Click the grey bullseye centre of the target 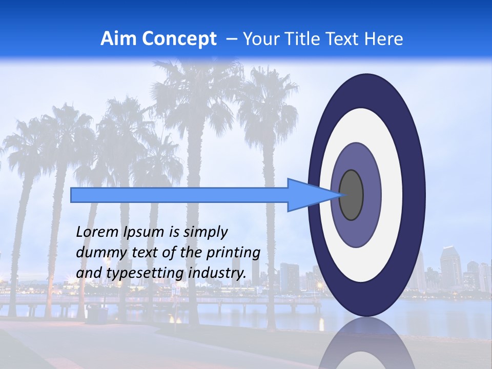[x=352, y=195]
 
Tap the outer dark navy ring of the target [x=415, y=195]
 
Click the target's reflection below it [x=366, y=346]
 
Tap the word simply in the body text [x=204, y=232]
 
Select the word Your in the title [x=259, y=39]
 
